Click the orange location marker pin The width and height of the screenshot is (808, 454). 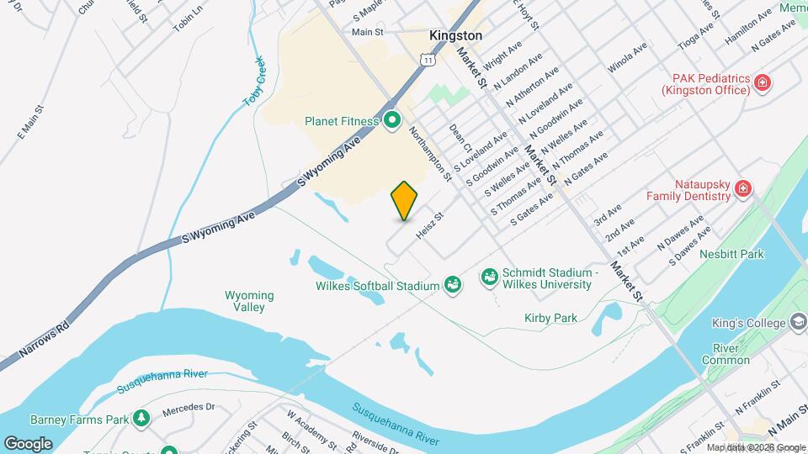coord(405,200)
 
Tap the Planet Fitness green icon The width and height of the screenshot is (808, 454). coord(391,121)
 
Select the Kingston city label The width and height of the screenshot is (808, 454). coord(455,36)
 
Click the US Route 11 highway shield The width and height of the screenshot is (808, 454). coord(429,60)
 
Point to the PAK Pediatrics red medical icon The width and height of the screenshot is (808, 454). coord(763,82)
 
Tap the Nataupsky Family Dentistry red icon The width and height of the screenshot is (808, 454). coord(742,188)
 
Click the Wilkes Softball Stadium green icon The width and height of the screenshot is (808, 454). coord(453,285)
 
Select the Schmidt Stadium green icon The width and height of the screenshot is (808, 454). coord(488,277)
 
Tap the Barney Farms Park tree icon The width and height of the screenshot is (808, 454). coord(142,418)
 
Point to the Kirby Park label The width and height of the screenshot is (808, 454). coord(550,318)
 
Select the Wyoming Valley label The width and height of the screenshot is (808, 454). coord(249,301)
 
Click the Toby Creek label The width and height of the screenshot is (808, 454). coord(254,81)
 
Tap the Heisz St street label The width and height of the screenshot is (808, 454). coord(429,224)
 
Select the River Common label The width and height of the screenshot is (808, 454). coord(725,354)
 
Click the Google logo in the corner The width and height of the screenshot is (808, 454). coord(28,443)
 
